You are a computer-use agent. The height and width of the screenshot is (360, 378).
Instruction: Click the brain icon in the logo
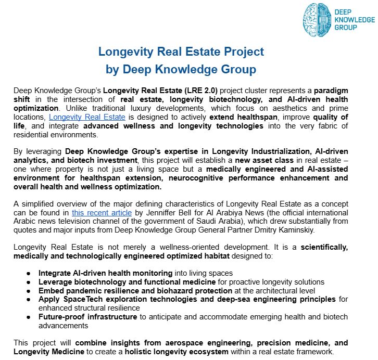click(x=317, y=20)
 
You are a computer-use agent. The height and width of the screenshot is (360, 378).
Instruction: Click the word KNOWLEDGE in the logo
click(x=354, y=20)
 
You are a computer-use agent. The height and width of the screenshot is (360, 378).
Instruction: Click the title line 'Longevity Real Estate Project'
click(x=181, y=52)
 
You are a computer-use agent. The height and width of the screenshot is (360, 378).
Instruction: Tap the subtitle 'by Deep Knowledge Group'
click(x=181, y=69)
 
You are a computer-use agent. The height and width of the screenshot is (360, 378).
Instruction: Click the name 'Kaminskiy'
click(x=329, y=230)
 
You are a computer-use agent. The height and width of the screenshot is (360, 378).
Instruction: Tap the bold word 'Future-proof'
click(x=63, y=317)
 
